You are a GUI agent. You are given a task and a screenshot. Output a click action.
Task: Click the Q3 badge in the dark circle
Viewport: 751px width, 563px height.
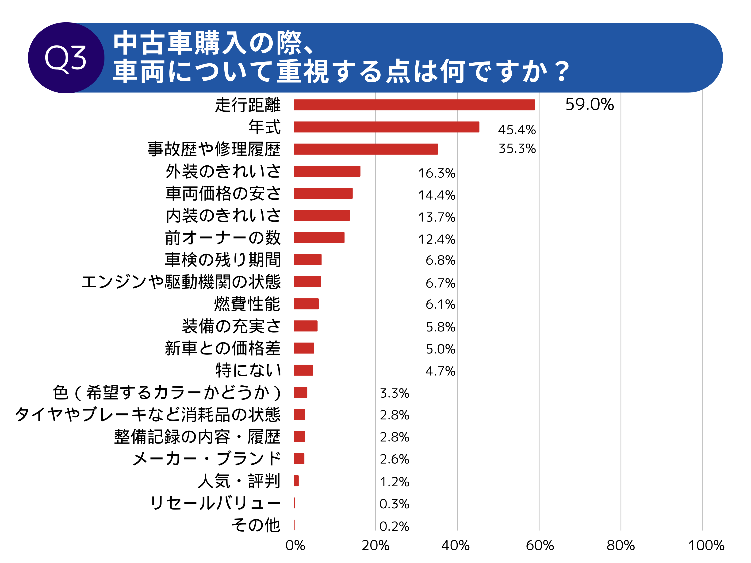coord(66,58)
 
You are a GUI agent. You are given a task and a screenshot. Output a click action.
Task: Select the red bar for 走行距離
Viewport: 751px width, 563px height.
coord(414,105)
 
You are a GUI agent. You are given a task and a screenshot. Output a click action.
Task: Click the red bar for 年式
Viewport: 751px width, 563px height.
coord(386,127)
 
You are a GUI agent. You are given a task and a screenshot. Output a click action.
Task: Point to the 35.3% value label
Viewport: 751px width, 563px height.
coord(517,149)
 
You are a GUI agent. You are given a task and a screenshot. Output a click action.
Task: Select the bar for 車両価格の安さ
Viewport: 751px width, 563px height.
coord(323,193)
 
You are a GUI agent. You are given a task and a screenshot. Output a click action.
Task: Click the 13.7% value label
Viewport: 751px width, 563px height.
coord(437,217)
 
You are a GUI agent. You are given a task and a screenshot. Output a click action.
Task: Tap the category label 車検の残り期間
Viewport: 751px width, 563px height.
coord(223,260)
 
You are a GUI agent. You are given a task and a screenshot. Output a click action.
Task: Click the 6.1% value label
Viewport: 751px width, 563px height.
coord(440,304)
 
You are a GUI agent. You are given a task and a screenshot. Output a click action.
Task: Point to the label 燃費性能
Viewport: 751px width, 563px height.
coord(247,304)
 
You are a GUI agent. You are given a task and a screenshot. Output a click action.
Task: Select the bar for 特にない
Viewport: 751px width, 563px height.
coord(303,370)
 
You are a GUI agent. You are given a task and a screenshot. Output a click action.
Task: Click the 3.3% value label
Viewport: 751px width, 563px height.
coord(395,393)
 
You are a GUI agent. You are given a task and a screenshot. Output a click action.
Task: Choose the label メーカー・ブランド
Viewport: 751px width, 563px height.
coord(207,458)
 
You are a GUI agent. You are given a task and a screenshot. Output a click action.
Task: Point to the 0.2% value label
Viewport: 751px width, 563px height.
coord(394,526)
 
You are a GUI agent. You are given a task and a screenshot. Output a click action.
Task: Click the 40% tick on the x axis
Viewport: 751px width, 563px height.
coord(455,546)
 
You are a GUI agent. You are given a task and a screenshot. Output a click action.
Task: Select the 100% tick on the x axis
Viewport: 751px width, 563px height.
coord(706,546)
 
